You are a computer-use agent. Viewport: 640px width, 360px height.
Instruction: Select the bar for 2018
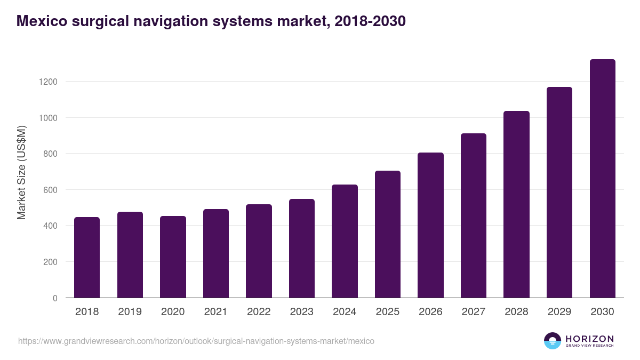[87, 258]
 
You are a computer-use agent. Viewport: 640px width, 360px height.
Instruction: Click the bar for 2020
[173, 257]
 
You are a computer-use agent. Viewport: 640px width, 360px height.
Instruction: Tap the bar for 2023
[302, 249]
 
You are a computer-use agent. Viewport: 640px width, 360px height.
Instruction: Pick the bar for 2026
[430, 225]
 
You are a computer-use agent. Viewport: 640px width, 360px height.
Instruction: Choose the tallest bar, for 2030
[602, 179]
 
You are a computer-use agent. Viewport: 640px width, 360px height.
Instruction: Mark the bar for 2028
[516, 204]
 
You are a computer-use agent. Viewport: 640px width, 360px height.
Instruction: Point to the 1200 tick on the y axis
[47, 82]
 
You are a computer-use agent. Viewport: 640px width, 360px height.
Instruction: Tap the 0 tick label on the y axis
[55, 298]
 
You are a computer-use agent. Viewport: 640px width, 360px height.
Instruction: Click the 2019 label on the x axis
[130, 312]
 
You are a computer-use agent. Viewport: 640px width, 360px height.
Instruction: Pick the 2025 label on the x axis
[387, 312]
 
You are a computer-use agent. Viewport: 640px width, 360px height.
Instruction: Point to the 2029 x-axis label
[559, 312]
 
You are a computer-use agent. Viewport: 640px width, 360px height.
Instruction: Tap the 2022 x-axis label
[259, 312]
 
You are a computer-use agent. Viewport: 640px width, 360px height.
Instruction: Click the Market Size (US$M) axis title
[21, 172]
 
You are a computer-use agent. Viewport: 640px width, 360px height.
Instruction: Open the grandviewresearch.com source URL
[196, 341]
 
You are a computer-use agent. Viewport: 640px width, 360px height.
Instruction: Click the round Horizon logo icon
[553, 341]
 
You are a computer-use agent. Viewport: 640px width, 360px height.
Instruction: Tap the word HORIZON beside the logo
[589, 339]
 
